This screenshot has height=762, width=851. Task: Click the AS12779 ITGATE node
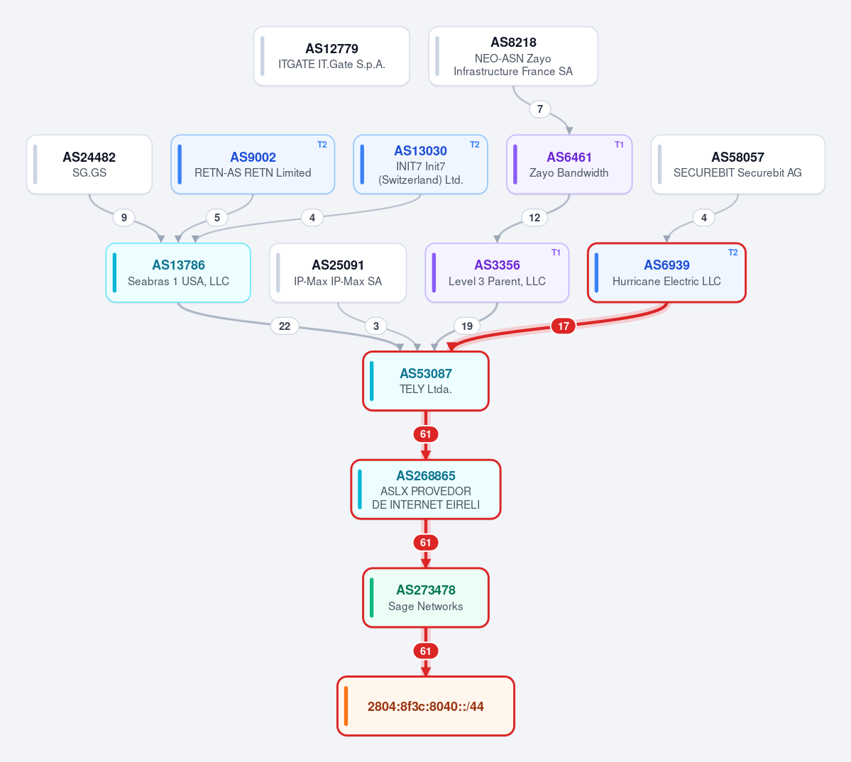coord(331,56)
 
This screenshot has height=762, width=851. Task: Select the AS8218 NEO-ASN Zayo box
coord(513,56)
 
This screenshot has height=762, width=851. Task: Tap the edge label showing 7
coord(540,109)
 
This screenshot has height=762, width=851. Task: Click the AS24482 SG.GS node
coord(89,165)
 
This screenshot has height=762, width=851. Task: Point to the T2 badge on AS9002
coord(322,145)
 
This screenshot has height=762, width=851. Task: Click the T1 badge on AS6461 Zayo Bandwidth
coord(619,145)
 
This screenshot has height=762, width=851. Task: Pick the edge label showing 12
coord(534,218)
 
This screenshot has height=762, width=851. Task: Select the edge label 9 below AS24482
coord(123,218)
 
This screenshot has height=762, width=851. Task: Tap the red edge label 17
coord(564,326)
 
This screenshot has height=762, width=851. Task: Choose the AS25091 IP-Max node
coord(338,272)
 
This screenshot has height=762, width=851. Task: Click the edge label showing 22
coord(285,326)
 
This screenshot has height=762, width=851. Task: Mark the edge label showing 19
coord(467,326)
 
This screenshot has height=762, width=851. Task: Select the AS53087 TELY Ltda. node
coord(426,381)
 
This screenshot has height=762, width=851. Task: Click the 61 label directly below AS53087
coord(426,434)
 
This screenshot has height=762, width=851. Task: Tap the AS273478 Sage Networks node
coord(426,597)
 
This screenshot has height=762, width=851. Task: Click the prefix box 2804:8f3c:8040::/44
coord(426,706)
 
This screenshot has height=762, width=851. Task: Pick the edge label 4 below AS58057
coord(704,218)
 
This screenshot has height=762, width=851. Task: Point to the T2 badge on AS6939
coord(733,253)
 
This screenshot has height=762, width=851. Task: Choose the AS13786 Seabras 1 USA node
coord(178,272)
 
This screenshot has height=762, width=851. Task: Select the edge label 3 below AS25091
coord(376,326)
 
